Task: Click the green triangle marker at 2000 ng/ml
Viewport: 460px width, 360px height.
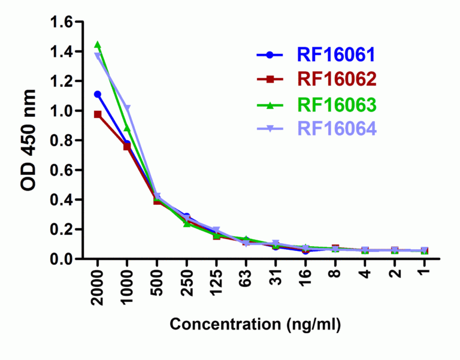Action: (x=98, y=45)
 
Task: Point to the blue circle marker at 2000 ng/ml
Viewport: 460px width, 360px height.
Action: (x=98, y=94)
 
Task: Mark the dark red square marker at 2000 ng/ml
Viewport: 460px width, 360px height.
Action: (x=98, y=114)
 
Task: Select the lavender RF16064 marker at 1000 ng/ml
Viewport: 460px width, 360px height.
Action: (x=127, y=108)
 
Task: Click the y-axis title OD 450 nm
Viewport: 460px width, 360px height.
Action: (x=29, y=140)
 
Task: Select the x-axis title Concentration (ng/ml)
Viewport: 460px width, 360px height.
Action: (x=256, y=325)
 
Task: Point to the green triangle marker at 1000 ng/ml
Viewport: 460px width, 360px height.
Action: (x=127, y=129)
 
